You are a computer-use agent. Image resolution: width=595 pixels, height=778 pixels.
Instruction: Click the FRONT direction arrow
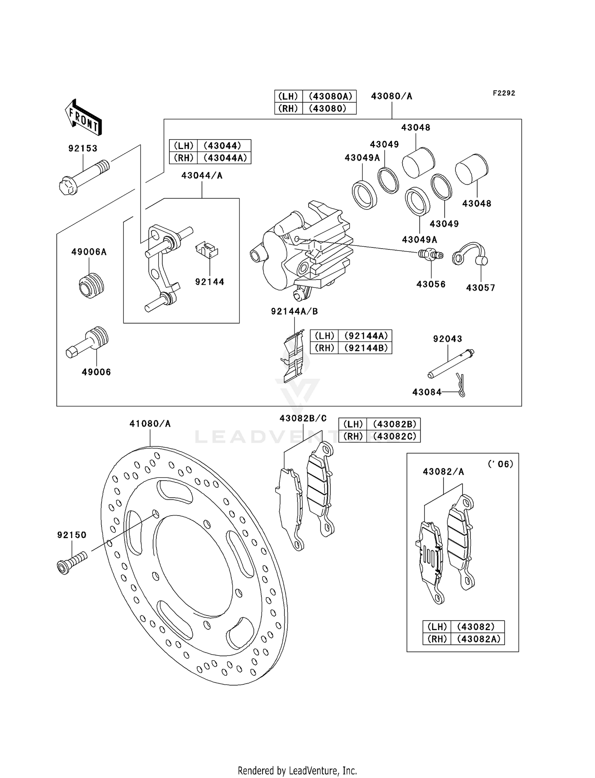[83, 117]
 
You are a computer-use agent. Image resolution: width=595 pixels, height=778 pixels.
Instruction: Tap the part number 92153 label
[83, 148]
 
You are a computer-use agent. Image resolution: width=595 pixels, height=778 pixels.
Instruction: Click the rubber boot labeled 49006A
[91, 286]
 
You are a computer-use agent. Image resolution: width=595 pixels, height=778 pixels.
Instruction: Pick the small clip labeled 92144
[207, 250]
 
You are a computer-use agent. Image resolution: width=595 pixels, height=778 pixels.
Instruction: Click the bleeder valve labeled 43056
[430, 255]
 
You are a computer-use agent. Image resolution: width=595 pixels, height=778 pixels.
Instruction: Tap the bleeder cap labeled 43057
[471, 254]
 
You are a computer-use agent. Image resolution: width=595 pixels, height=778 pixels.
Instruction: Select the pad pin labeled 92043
[451, 364]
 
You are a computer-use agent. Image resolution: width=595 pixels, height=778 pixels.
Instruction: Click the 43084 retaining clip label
[427, 392]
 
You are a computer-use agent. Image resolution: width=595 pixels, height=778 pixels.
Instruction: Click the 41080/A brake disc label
[150, 424]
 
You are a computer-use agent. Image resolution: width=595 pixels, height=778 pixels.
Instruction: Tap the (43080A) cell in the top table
[330, 96]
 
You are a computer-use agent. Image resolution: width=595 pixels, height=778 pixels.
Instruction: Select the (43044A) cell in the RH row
[225, 158]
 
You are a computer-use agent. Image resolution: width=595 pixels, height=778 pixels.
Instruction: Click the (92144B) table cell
[365, 348]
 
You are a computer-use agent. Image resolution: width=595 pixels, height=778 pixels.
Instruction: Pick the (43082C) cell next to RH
[394, 436]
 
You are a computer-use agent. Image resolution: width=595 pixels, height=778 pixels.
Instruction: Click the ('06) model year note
[500, 464]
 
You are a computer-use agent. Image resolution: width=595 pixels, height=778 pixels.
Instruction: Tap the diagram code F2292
[504, 93]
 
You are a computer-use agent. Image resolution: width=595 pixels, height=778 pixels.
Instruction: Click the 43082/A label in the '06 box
[443, 472]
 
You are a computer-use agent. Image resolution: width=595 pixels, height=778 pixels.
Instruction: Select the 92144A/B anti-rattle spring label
[294, 312]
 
